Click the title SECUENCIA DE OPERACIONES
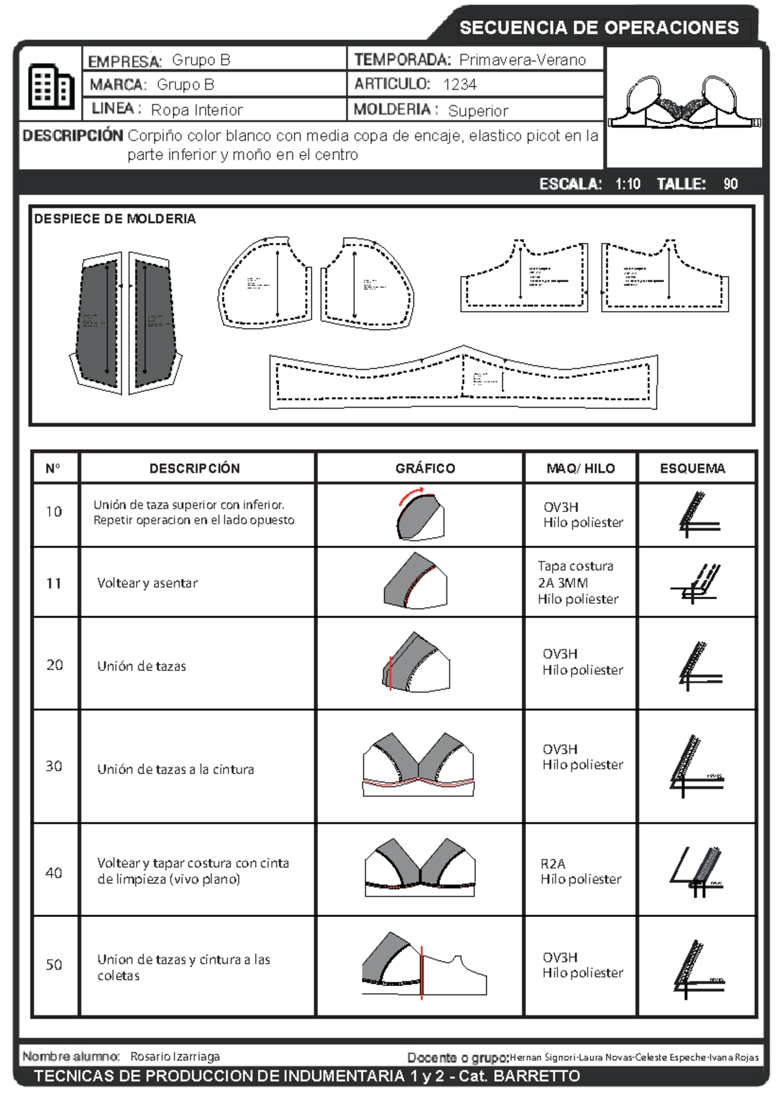coord(599,27)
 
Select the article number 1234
coord(459,85)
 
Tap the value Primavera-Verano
coord(522,60)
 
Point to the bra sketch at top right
coord(684,104)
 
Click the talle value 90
coord(730,184)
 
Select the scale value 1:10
coord(628,184)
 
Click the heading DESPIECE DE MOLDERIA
coord(115,219)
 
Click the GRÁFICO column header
coord(425,468)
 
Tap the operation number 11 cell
coord(54,584)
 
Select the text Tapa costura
coord(575,566)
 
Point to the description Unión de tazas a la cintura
coord(175,770)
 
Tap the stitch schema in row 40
coord(697,872)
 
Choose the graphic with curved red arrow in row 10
coord(420,515)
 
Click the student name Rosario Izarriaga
coord(175,1056)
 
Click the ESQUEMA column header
coord(692,468)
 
